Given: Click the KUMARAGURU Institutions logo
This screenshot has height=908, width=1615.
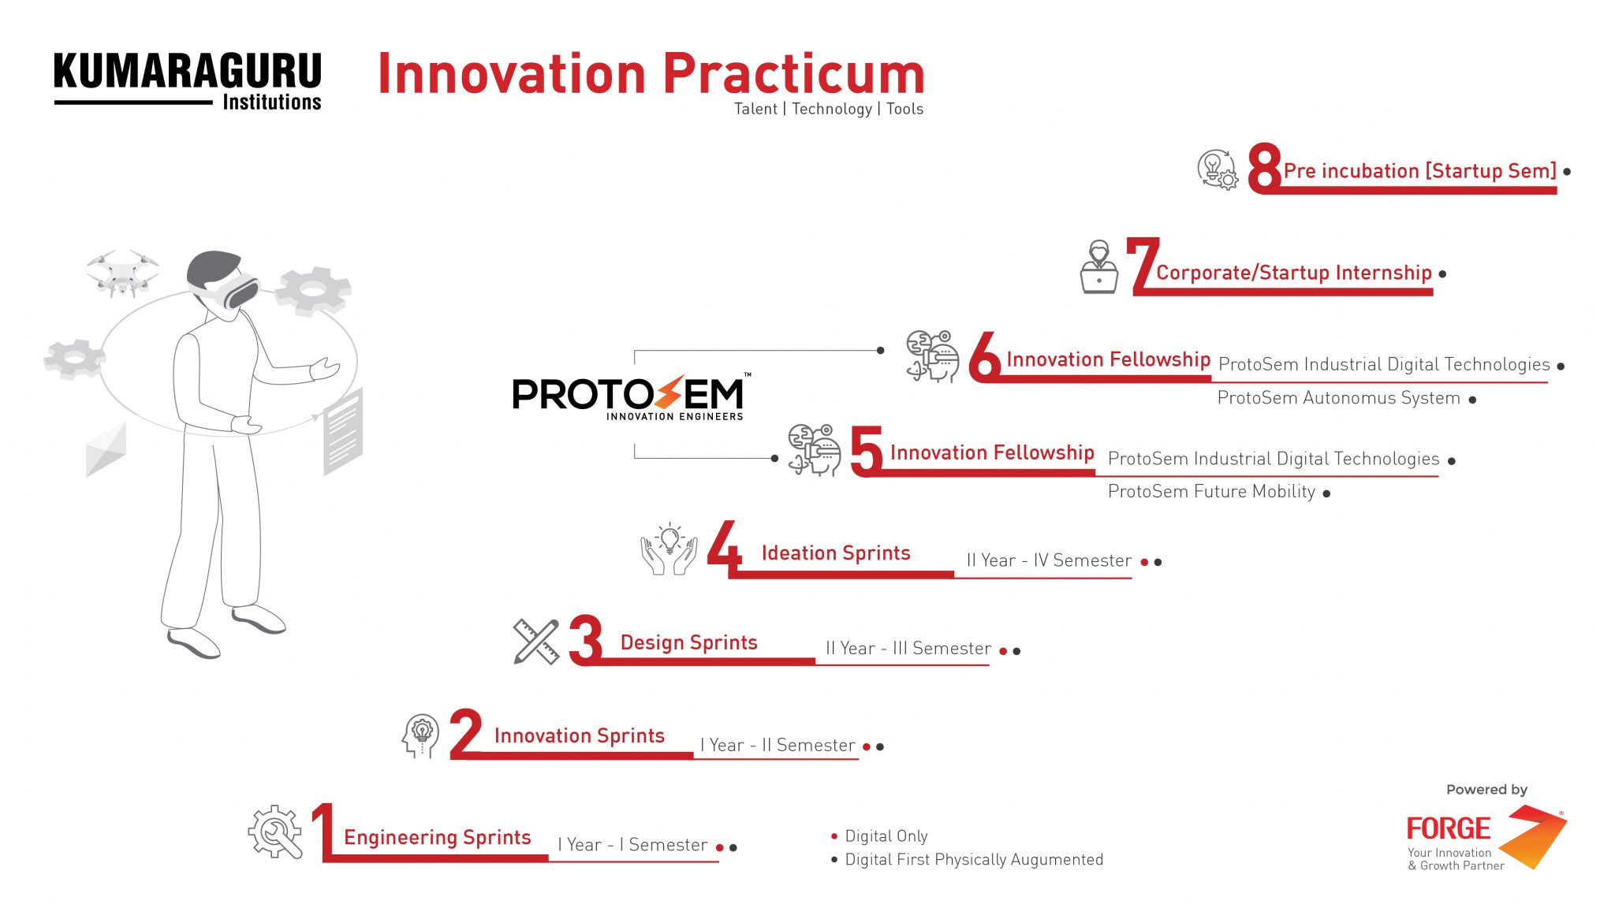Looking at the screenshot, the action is pos(188,82).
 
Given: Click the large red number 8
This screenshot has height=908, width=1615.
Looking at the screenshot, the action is pos(1264,167).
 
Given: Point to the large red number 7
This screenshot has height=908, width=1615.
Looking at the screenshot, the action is pos(1143,266).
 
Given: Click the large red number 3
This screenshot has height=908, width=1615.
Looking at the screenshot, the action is pos(586,640).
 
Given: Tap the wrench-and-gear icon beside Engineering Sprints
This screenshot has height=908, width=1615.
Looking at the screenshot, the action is pos(275,832).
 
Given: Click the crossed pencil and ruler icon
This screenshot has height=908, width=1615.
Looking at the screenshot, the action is pos(536,642).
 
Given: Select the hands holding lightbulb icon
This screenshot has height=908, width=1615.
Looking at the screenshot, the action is pos(669,549).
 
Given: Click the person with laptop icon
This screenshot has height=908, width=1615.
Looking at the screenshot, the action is pos(1098,267).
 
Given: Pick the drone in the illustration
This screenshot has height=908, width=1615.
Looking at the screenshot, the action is pos(122,273).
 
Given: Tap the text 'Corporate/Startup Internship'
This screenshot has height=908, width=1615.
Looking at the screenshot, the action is pos(1294,273).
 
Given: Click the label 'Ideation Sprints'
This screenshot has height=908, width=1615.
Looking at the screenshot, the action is pos(836,553).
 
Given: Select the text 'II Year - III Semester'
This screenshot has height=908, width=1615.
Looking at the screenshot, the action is pos(908,649).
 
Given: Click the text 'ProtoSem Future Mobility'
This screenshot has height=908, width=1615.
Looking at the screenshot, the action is pos(1211,492).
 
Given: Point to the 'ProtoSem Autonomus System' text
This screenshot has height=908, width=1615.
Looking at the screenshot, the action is pos(1338,398).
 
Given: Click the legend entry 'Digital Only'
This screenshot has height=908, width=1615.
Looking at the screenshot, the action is pos(886,835).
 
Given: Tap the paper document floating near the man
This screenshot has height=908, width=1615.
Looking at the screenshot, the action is pos(343,431).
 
